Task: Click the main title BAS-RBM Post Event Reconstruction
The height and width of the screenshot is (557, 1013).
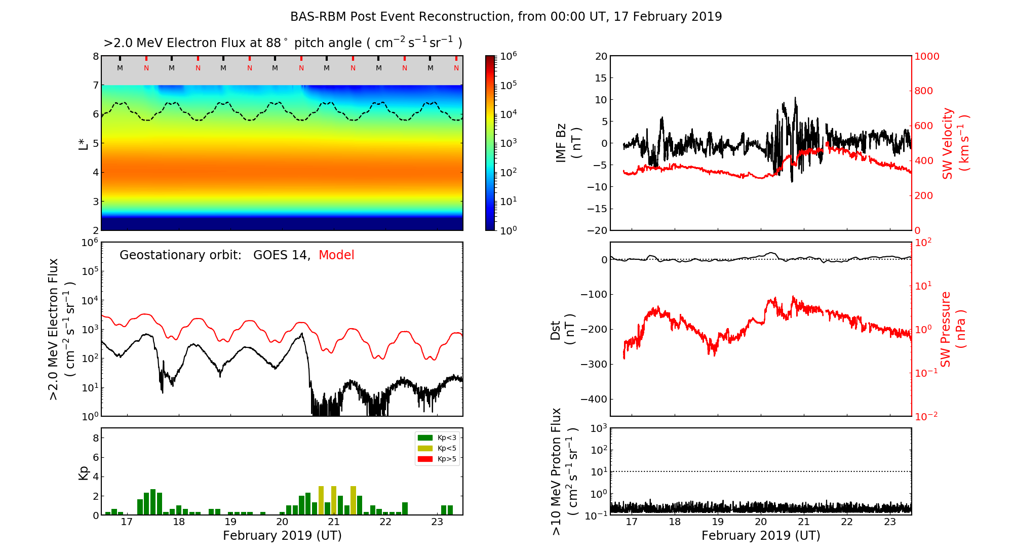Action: pyautogui.click(x=505, y=17)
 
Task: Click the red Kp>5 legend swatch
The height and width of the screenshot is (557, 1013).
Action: pyautogui.click(x=425, y=459)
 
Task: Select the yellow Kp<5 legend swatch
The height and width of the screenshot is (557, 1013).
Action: pyautogui.click(x=425, y=448)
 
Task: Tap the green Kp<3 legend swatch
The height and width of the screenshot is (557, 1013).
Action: pyautogui.click(x=425, y=437)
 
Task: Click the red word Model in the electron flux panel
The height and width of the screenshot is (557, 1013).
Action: pyautogui.click(x=336, y=255)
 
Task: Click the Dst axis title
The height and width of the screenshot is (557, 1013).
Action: pyautogui.click(x=556, y=330)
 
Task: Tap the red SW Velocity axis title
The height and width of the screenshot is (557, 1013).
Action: pyautogui.click(x=948, y=143)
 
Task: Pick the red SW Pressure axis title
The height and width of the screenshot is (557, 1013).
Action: pyautogui.click(x=946, y=329)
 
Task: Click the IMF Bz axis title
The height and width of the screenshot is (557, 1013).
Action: pyautogui.click(x=561, y=143)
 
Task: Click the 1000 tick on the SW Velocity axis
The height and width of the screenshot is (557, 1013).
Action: pyautogui.click(x=926, y=56)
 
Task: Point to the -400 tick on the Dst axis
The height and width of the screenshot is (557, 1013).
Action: pyautogui.click(x=593, y=399)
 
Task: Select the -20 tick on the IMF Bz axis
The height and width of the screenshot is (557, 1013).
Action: pyautogui.click(x=597, y=230)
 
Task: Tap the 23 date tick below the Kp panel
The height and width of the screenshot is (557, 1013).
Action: pyautogui.click(x=437, y=522)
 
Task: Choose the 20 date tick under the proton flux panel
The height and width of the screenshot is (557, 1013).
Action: pyautogui.click(x=761, y=522)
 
